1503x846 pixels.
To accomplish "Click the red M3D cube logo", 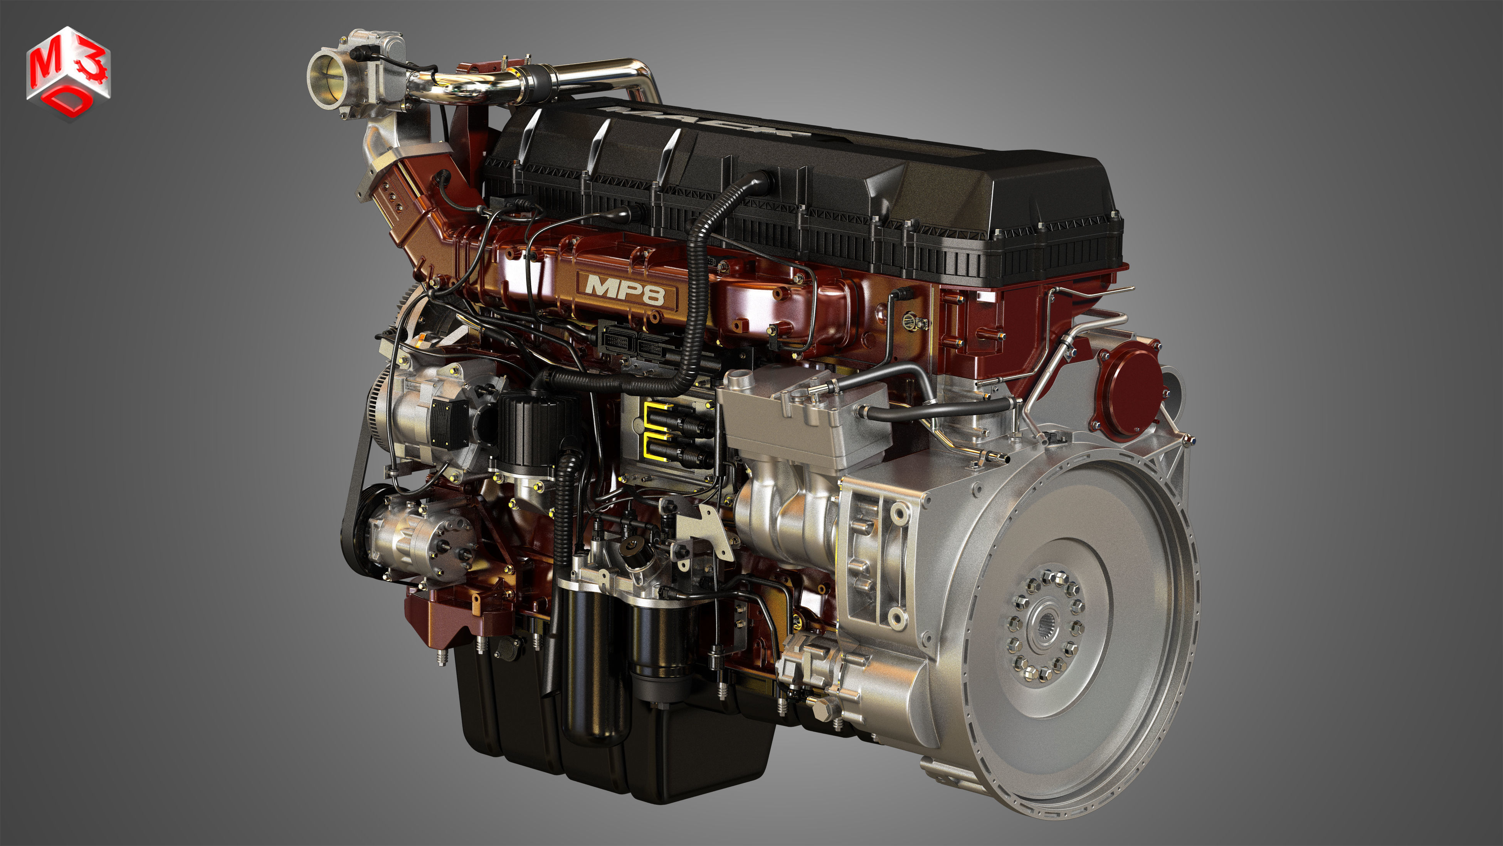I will (68, 73).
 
